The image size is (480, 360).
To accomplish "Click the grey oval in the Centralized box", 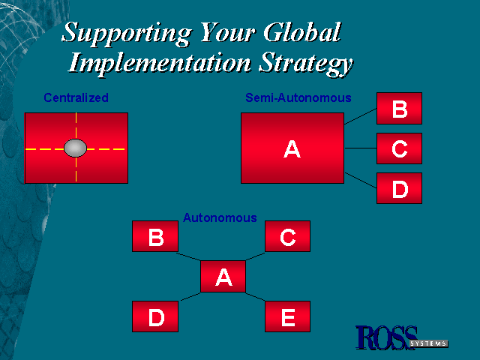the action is click(75, 148).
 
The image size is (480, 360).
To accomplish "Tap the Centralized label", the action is click(76, 98).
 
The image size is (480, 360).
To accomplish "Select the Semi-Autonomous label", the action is click(298, 98).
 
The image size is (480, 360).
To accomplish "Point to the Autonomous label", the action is click(220, 217).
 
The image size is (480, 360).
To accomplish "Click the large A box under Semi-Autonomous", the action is click(292, 148).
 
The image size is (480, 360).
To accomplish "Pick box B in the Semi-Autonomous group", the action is click(399, 108).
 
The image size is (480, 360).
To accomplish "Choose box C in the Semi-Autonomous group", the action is click(399, 148).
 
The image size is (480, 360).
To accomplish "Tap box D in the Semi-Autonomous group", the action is click(399, 188).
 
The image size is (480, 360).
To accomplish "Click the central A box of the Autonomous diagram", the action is click(223, 277).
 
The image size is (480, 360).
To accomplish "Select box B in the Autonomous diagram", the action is click(155, 236).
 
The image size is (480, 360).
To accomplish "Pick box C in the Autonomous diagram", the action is click(287, 236).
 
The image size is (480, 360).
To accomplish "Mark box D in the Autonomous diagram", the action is click(155, 316).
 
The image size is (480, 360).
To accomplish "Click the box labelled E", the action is click(287, 316).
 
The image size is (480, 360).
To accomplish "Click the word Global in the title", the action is click(301, 32).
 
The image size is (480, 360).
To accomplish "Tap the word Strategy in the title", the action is click(305, 64).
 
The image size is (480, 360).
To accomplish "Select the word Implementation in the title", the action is click(160, 62).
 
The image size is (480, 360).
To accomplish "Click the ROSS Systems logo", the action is click(401, 337).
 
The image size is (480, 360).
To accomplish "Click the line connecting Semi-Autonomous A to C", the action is click(361, 148).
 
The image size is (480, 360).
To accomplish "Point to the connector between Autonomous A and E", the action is click(255, 297).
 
